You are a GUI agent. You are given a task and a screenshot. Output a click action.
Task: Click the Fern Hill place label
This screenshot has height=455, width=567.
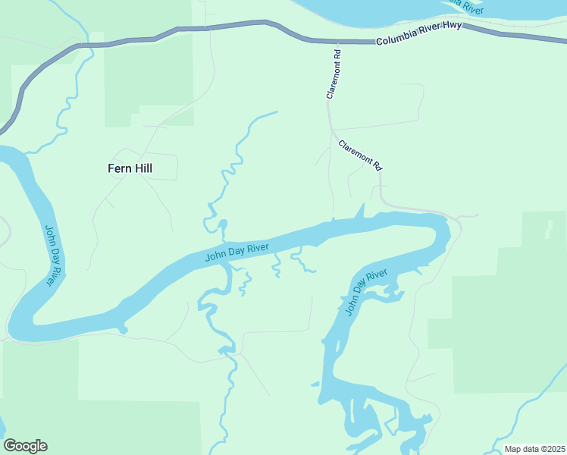pos(130,168)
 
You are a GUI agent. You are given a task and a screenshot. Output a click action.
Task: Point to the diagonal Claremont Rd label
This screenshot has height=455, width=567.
pos(359,155)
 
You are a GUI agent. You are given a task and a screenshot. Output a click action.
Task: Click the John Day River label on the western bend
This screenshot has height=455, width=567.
pos(53,255)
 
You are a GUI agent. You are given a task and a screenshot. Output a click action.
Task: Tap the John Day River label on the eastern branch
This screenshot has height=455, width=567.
pos(365,292)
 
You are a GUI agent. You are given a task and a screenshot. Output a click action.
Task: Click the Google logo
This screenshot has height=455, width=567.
pos(25,446)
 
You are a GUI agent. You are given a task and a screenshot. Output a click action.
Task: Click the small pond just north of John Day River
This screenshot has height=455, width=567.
pos(223,224)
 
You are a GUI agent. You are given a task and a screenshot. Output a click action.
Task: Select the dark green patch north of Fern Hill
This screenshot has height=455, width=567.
pos(148,80)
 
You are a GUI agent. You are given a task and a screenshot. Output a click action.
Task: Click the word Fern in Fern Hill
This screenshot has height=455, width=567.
pos(119,168)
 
